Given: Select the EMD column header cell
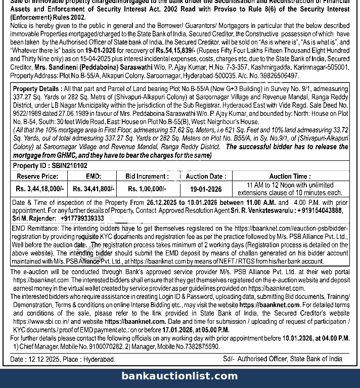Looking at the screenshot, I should pos(94,177).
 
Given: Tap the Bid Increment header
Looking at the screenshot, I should pos(147,177).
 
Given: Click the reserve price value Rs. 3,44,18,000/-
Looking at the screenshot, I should pos(40,189).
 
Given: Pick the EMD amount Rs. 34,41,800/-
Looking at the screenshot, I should pos(94,189).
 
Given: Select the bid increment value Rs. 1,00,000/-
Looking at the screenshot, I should pos(147,189).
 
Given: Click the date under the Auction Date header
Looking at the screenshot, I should pos(206,189).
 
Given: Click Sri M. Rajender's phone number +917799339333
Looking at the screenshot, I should pos(82,218).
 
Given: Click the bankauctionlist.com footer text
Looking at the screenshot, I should pos(179,376).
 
